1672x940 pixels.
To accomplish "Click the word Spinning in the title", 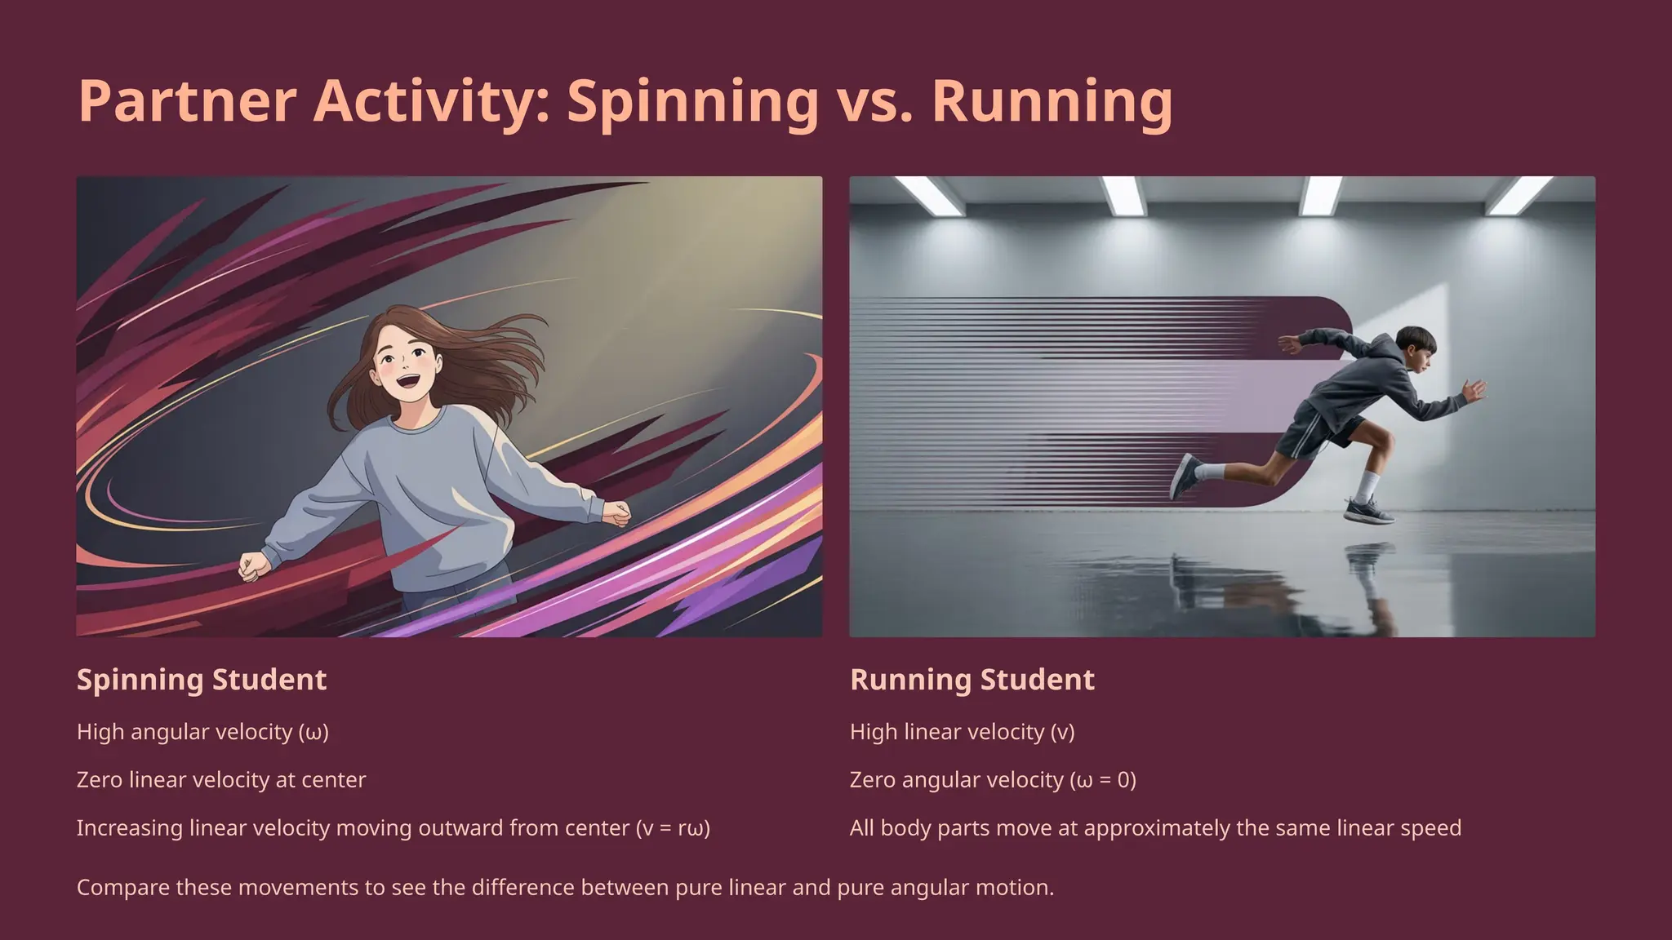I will pyautogui.click(x=692, y=101).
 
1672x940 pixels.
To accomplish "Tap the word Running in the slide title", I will pyautogui.click(x=1052, y=101).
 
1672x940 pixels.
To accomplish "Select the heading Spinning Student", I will pyautogui.click(x=202, y=680).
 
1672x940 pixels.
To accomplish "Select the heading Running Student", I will pyautogui.click(x=972, y=680).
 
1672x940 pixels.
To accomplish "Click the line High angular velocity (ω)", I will pyautogui.click(x=202, y=732).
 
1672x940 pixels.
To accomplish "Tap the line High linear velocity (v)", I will pyautogui.click(x=962, y=732).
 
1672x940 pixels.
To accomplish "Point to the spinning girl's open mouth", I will pyautogui.click(x=407, y=381).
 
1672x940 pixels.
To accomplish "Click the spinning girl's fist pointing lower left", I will pyautogui.click(x=253, y=565).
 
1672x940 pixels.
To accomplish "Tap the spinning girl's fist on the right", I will pyautogui.click(x=617, y=513).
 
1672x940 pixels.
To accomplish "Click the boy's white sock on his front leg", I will pyautogui.click(x=1370, y=485).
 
